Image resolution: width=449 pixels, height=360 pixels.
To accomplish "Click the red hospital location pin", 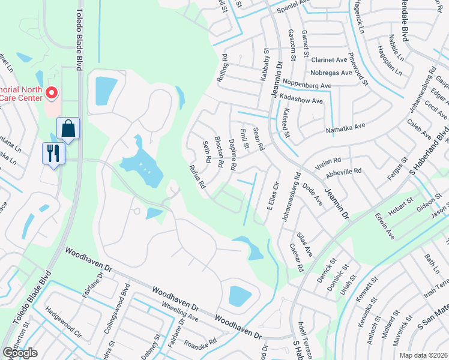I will pyautogui.click(x=52, y=94).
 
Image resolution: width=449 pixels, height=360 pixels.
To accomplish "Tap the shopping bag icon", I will pyautogui.click(x=68, y=129).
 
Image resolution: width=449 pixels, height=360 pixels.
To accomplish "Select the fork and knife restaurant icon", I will pyautogui.click(x=54, y=154).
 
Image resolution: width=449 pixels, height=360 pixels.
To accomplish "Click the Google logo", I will pyautogui.click(x=20, y=353).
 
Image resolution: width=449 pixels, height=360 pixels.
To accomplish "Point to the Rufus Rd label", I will pyautogui.click(x=198, y=177).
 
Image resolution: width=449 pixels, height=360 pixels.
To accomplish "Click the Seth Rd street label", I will pyautogui.click(x=206, y=152).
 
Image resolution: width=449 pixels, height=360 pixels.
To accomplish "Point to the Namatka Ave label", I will pyautogui.click(x=345, y=127).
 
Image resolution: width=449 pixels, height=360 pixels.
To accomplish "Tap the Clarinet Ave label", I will pyautogui.click(x=330, y=60).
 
